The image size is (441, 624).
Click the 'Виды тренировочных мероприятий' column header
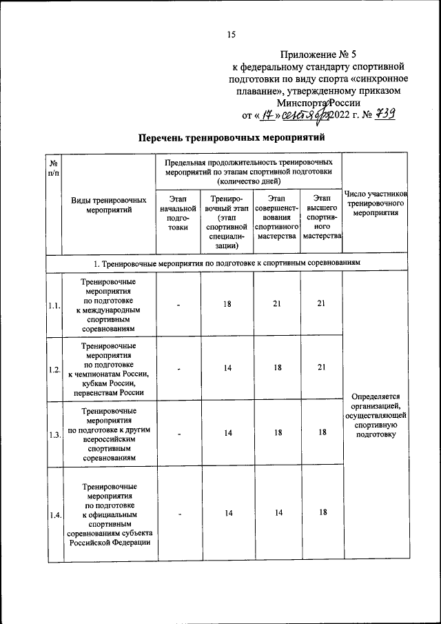coord(109,205)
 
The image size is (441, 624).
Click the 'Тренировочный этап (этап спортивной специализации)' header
coord(227,221)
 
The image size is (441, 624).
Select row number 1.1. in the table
coord(54,305)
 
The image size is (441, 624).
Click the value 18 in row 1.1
coord(227,304)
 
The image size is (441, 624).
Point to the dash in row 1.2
coord(178,368)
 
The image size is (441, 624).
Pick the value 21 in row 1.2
coord(321,368)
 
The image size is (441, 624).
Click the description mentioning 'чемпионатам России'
coord(109,369)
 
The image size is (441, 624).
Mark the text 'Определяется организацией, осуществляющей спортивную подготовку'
coord(376,415)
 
